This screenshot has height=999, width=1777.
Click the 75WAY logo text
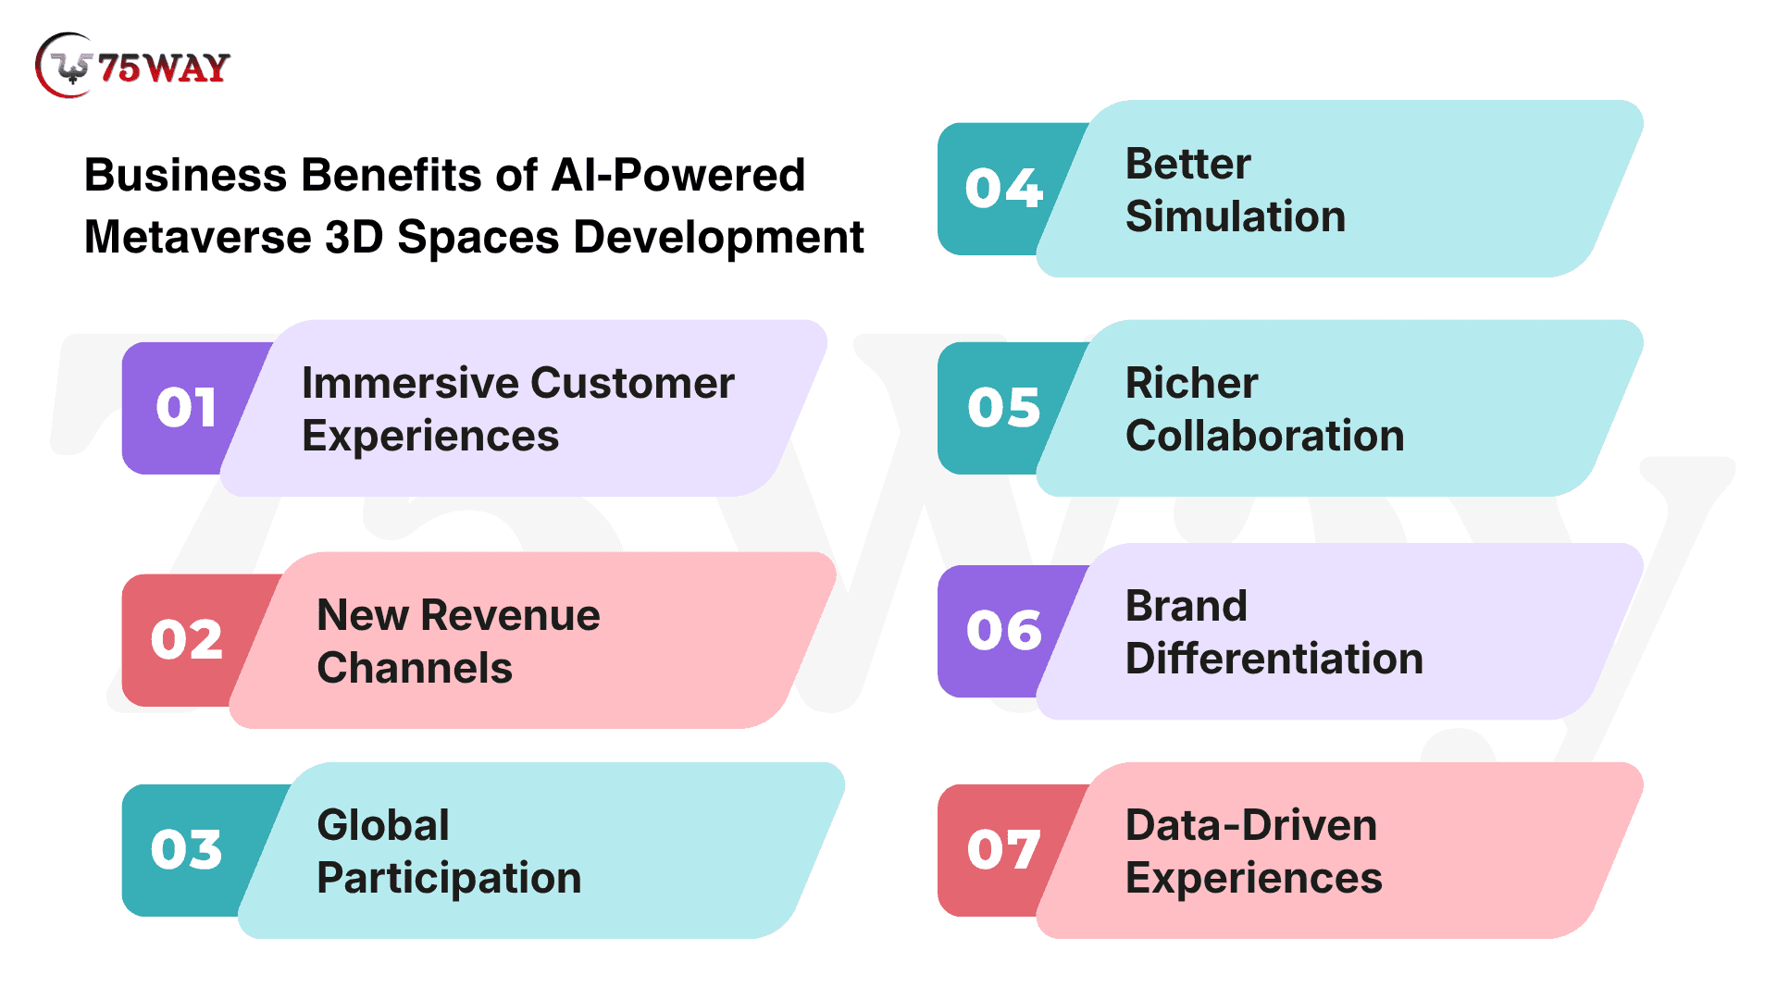164,68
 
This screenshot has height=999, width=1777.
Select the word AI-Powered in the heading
677,175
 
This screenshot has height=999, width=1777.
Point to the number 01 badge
186,408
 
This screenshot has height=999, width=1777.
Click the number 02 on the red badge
186,640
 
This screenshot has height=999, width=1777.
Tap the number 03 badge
186,850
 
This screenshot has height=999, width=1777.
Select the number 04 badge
1004,189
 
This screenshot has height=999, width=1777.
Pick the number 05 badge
1004,408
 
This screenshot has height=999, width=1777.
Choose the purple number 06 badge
1004,631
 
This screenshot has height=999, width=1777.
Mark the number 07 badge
1004,850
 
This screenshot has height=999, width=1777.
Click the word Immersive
408,383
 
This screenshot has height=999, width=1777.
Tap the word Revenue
510,615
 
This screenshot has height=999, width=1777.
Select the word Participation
449,879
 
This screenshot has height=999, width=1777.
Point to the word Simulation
1236,216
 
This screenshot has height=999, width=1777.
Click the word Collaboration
1265,436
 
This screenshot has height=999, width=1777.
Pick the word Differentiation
1274,659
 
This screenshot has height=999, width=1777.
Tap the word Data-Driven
1251,825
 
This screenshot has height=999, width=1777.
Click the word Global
383,825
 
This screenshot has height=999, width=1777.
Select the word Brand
1187,606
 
